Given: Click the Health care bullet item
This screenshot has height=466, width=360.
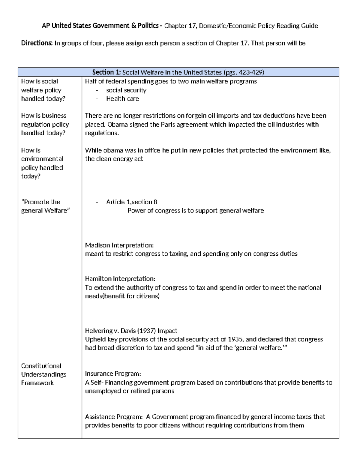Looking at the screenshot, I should [x=122, y=99].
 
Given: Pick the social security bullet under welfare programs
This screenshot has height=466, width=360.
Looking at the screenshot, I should [x=126, y=90].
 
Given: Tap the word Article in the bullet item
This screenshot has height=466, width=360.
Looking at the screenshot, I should [x=115, y=202].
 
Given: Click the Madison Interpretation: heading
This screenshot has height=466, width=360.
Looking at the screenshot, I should [x=119, y=245].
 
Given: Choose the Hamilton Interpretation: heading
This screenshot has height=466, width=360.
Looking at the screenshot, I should [x=120, y=279].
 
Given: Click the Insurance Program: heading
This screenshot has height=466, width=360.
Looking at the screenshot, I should [x=113, y=374].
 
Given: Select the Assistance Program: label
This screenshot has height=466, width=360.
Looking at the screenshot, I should [x=114, y=417].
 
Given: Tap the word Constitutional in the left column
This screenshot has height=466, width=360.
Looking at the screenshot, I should [x=41, y=366].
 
